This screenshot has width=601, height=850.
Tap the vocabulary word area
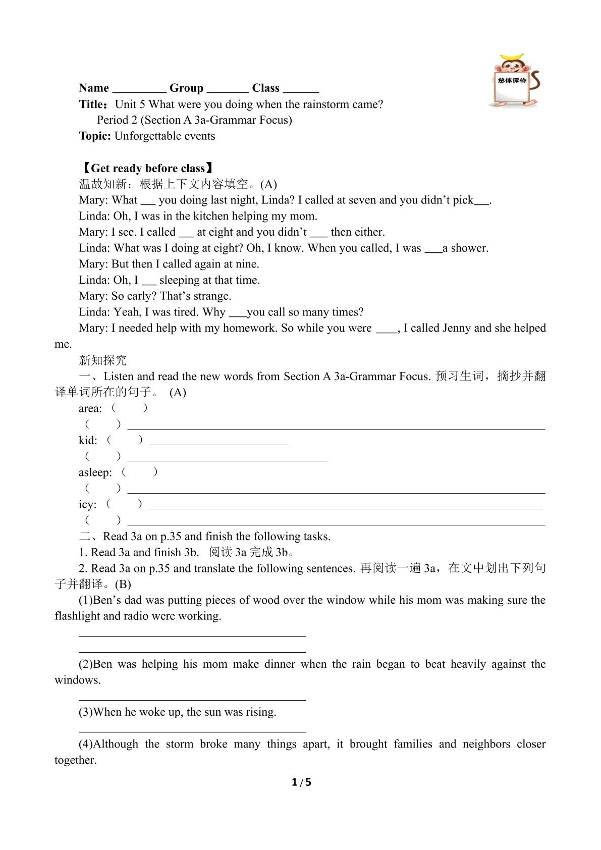point(90,408)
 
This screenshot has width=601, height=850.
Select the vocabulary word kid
point(87,441)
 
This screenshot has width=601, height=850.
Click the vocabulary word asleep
point(95,473)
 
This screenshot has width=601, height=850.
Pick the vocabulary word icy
point(87,505)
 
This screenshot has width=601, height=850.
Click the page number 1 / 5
point(301,783)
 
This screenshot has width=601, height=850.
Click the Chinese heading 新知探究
point(103,360)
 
